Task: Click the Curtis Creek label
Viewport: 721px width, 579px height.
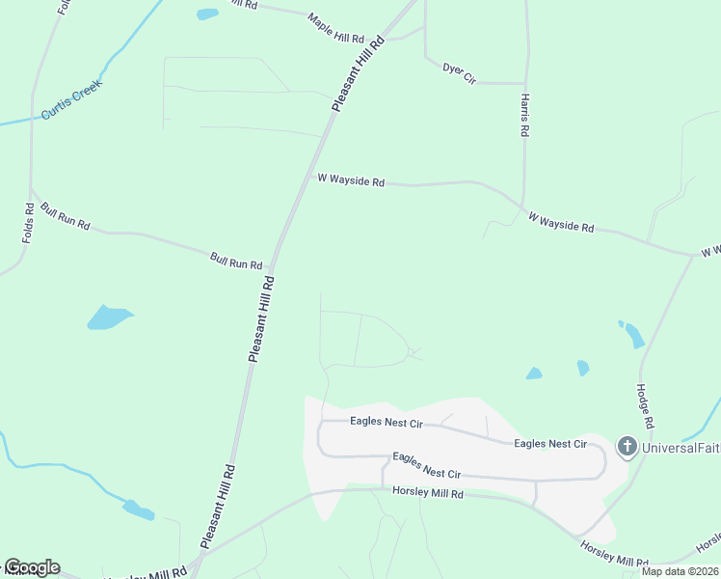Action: point(71,100)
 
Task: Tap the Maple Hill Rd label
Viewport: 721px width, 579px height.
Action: point(335,28)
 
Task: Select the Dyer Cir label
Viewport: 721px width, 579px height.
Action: point(460,72)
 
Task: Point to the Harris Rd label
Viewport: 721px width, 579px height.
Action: point(524,115)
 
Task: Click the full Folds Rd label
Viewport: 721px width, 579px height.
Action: point(28,223)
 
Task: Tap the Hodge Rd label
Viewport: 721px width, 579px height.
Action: point(644,406)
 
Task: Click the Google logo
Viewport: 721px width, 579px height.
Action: point(32,567)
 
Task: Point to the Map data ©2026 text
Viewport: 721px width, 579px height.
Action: point(679,571)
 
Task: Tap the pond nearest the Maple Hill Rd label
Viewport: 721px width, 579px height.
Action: point(207,14)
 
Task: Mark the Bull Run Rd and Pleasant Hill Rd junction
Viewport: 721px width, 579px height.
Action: point(274,264)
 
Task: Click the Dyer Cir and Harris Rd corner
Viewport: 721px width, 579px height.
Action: point(524,83)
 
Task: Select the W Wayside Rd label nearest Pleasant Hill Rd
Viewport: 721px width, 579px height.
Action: point(351,180)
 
